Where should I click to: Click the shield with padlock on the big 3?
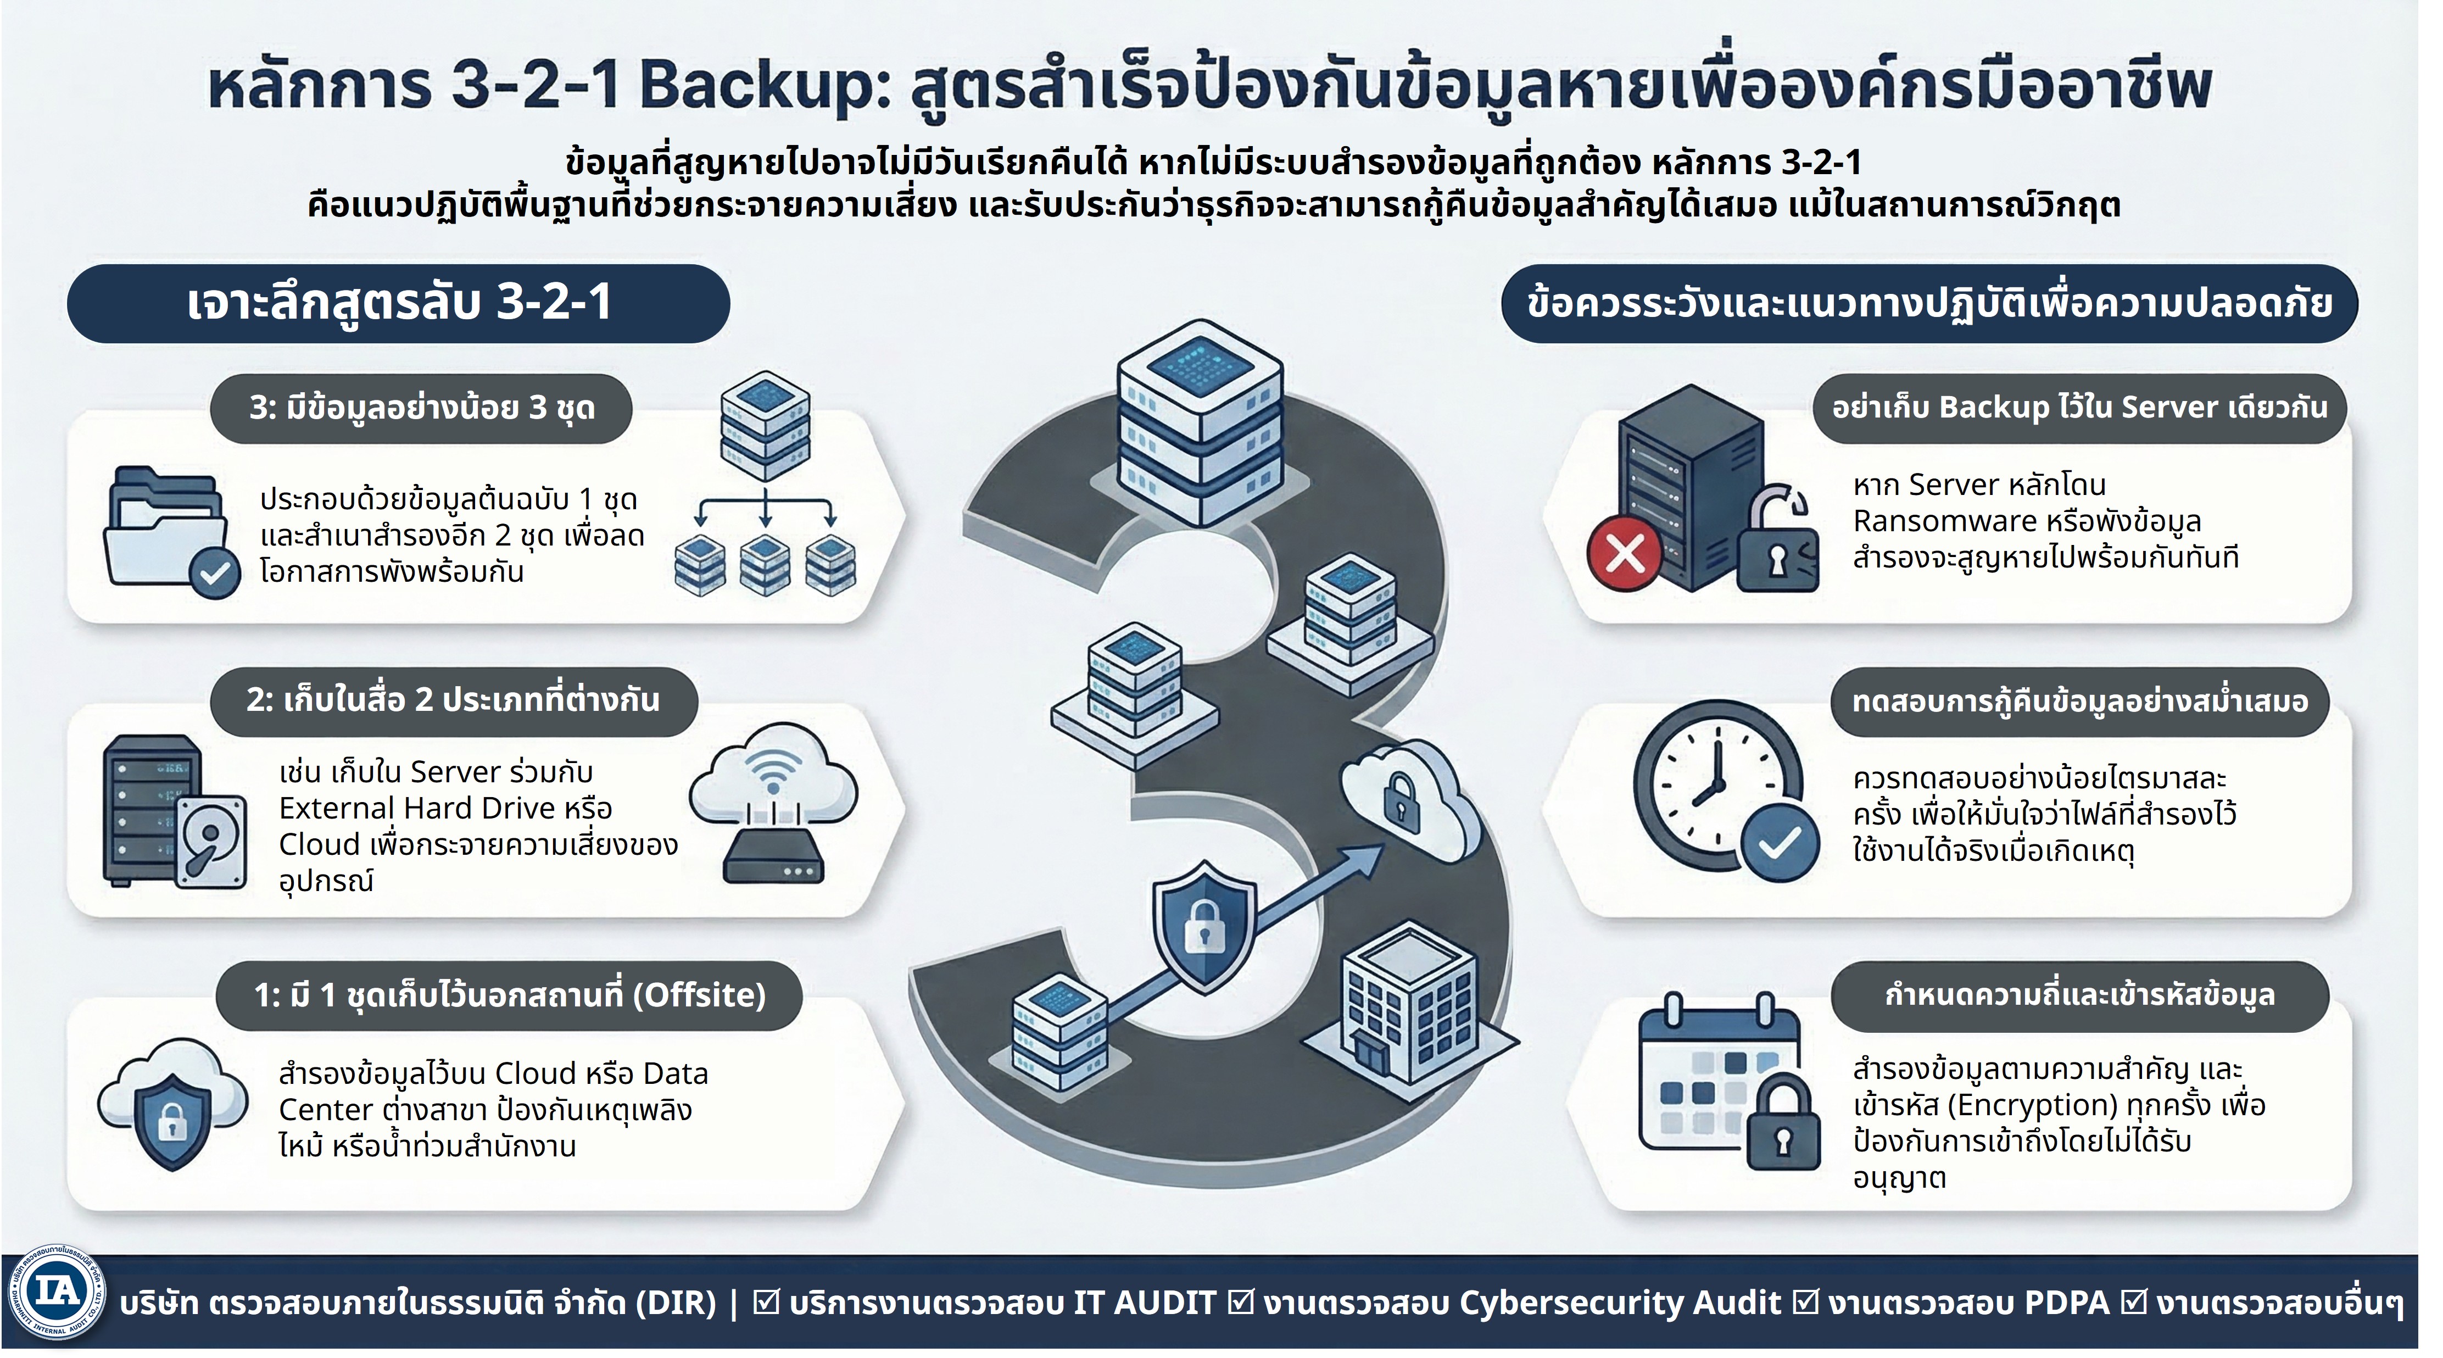click(x=1204, y=925)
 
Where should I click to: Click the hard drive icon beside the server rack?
click(x=210, y=839)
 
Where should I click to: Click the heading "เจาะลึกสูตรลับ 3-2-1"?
click(x=398, y=303)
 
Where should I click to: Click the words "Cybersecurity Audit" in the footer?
click(x=1620, y=1303)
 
